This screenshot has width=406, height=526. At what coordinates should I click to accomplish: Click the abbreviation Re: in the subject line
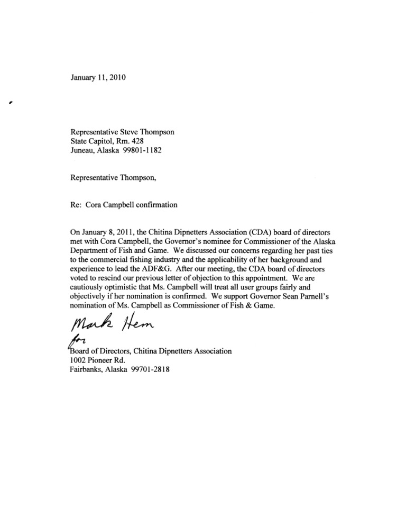click(x=77, y=204)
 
